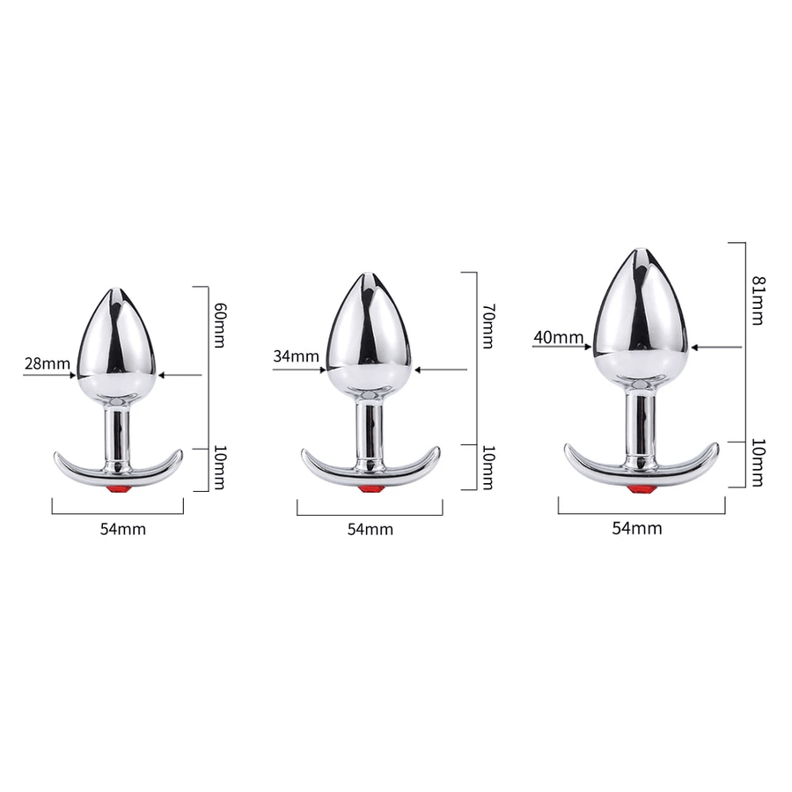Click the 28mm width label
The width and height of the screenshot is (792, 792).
tap(47, 363)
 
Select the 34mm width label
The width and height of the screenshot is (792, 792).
tap(296, 356)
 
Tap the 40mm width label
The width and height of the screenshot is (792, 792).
tap(558, 337)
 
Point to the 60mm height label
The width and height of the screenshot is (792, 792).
tap(220, 326)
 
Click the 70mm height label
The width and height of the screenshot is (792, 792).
tap(488, 326)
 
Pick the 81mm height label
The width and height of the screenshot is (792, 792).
tap(759, 300)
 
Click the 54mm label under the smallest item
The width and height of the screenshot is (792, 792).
tap(122, 529)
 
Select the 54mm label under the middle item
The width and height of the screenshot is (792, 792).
tap(370, 530)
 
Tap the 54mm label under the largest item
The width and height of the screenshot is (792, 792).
tap(637, 528)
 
